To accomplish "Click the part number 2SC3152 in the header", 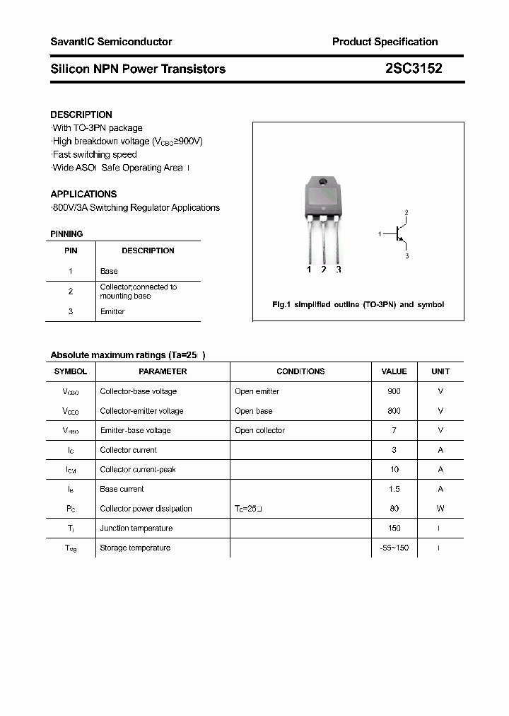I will pyautogui.click(x=414, y=69).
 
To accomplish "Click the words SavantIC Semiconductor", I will pyautogui.click(x=111, y=42).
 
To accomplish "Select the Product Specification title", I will pyautogui.click(x=385, y=42).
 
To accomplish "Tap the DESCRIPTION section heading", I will pyautogui.click(x=81, y=115).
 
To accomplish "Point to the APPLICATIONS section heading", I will pyautogui.click(x=83, y=194).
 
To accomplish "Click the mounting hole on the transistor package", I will pyautogui.click(x=323, y=183).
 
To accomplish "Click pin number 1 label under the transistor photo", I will pyautogui.click(x=309, y=270).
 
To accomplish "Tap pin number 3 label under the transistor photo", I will pyautogui.click(x=339, y=270).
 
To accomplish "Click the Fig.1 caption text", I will pyautogui.click(x=358, y=304).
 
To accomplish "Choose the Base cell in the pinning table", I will pyautogui.click(x=109, y=271).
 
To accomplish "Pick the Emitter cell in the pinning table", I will pyautogui.click(x=112, y=311).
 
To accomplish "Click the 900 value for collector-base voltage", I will pyautogui.click(x=394, y=391).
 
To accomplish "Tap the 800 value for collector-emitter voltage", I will pyautogui.click(x=394, y=411).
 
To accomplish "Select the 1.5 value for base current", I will pyautogui.click(x=394, y=489).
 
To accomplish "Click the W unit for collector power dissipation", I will pyautogui.click(x=440, y=509).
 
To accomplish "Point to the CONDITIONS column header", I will pyautogui.click(x=300, y=371).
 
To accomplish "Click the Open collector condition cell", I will pyautogui.click(x=259, y=430).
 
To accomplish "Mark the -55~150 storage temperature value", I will pyautogui.click(x=394, y=548).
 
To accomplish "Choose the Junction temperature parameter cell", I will pyautogui.click(x=135, y=528).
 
